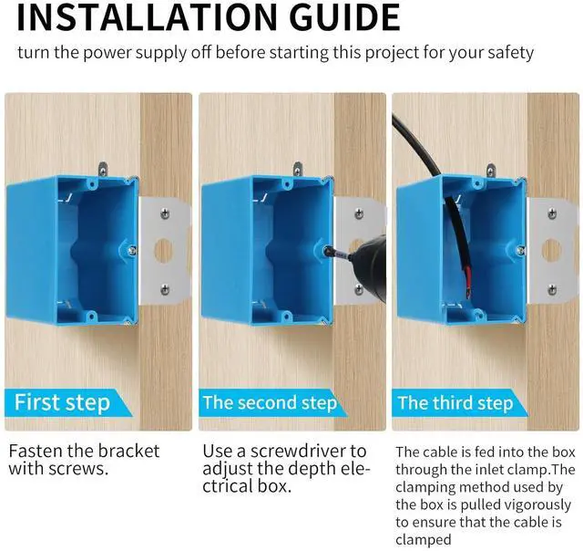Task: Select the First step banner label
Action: click(x=62, y=403)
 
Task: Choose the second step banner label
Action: click(x=270, y=403)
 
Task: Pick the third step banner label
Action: click(x=455, y=403)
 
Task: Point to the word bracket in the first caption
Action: click(x=128, y=451)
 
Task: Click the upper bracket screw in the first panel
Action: click(x=165, y=213)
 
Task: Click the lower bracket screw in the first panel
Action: click(x=165, y=288)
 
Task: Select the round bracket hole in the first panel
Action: click(x=163, y=251)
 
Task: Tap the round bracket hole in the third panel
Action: click(x=551, y=250)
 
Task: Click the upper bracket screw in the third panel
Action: click(x=552, y=213)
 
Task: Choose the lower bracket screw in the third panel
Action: click(x=552, y=289)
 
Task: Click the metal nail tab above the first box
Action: click(x=102, y=169)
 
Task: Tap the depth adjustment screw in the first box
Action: click(x=132, y=251)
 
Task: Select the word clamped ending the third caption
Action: click(x=423, y=540)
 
